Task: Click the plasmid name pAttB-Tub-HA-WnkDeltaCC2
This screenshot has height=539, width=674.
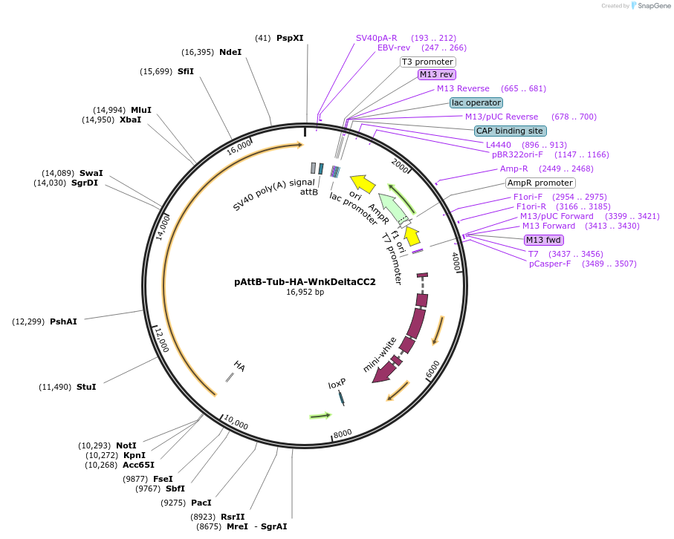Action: coord(305,282)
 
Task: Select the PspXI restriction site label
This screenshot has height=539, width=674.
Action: coord(290,38)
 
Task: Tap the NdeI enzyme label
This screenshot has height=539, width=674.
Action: coord(230,52)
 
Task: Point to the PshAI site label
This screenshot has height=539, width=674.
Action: coord(63,321)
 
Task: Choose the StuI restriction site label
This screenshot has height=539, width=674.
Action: coord(86,387)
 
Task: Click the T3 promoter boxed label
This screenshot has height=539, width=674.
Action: coord(428,62)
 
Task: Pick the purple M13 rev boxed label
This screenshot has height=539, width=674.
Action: coord(436,74)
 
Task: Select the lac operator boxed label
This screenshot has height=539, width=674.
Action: coord(476,102)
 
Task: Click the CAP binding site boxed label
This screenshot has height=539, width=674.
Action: coord(510,131)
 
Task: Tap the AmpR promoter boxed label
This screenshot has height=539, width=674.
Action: coord(540,183)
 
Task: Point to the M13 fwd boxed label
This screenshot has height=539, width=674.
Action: coord(543,240)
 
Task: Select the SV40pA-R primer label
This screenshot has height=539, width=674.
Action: coord(377,38)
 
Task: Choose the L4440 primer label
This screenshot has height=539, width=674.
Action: coord(499,146)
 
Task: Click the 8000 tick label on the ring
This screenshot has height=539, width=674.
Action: coord(343,434)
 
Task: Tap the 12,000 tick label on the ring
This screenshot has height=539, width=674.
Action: coord(162,339)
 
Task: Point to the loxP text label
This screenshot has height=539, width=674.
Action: coord(337,384)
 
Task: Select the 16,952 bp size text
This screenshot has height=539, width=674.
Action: coord(305,293)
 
